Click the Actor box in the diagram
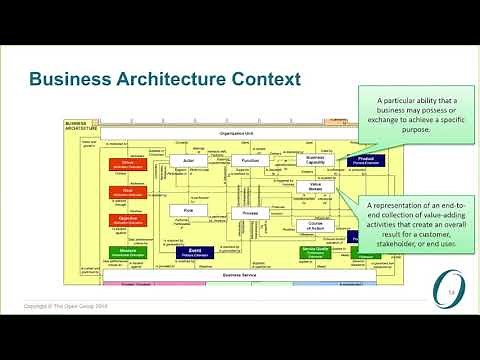[x=188, y=160]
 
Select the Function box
[x=250, y=160]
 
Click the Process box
[x=250, y=212]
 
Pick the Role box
[x=188, y=209]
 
